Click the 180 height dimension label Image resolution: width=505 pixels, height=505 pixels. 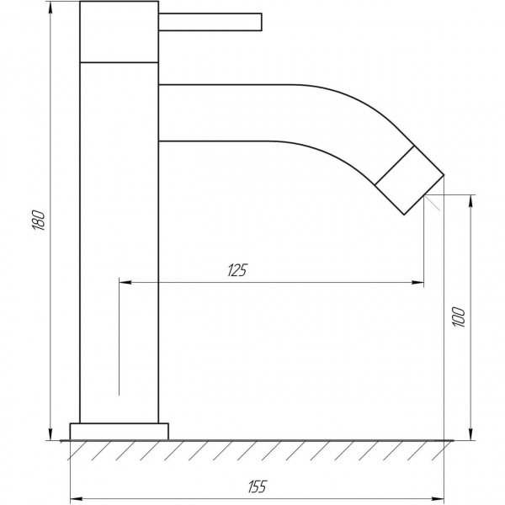tap(39, 220)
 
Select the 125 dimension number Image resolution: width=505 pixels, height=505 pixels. tap(237, 270)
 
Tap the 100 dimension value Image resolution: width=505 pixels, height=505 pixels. tap(459, 317)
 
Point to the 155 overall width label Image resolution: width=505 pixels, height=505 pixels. tap(258, 486)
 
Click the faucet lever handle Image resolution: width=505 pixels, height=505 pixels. tap(210, 22)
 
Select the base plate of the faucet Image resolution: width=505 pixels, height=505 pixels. tap(120, 432)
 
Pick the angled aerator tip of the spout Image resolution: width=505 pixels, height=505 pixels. tap(410, 180)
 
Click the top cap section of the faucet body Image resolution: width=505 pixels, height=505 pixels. tap(120, 32)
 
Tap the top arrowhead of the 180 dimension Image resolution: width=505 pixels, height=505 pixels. tap(50, 8)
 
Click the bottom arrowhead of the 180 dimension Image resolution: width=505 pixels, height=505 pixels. tap(50, 434)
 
